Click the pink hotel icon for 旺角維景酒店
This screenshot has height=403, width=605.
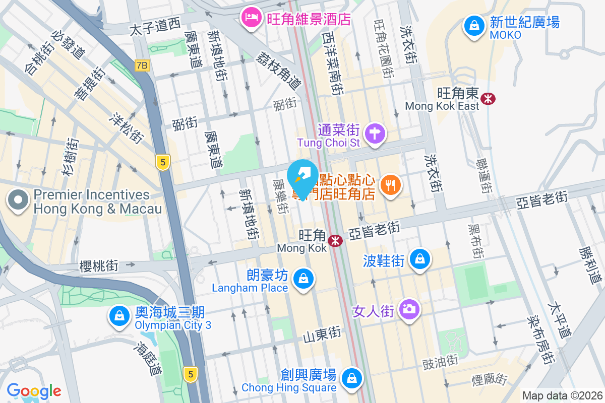pyautogui.click(x=251, y=18)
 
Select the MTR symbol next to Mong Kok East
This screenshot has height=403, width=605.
pyautogui.click(x=488, y=99)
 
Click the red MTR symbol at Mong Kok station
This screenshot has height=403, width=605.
pyautogui.click(x=334, y=241)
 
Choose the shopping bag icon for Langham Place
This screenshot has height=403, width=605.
pyautogui.click(x=304, y=278)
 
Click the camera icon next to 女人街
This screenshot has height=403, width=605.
pyautogui.click(x=407, y=307)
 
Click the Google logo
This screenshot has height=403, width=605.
pyautogui.click(x=34, y=391)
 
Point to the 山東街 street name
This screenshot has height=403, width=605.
pyautogui.click(x=322, y=334)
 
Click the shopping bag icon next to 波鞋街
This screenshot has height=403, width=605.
pyautogui.click(x=419, y=259)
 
